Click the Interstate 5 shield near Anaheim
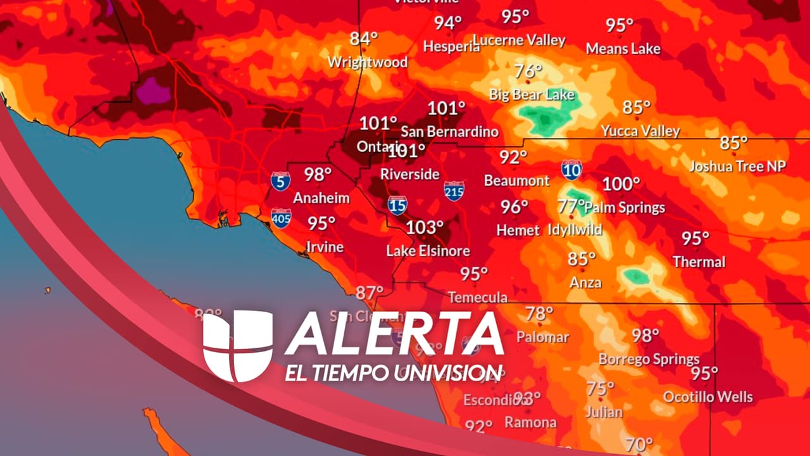[281, 181]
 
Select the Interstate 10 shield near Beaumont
[571, 169]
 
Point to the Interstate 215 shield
[454, 191]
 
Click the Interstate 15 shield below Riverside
[397, 205]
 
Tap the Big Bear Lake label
[532, 95]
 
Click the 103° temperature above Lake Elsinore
[425, 227]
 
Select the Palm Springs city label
[625, 207]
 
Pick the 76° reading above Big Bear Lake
[528, 71]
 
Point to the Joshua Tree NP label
[737, 166]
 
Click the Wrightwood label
[368, 62]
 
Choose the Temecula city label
[478, 297]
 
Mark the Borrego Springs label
[649, 359]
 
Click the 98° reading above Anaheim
[318, 174]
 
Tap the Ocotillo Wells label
[708, 397]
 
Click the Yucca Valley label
[640, 131]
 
